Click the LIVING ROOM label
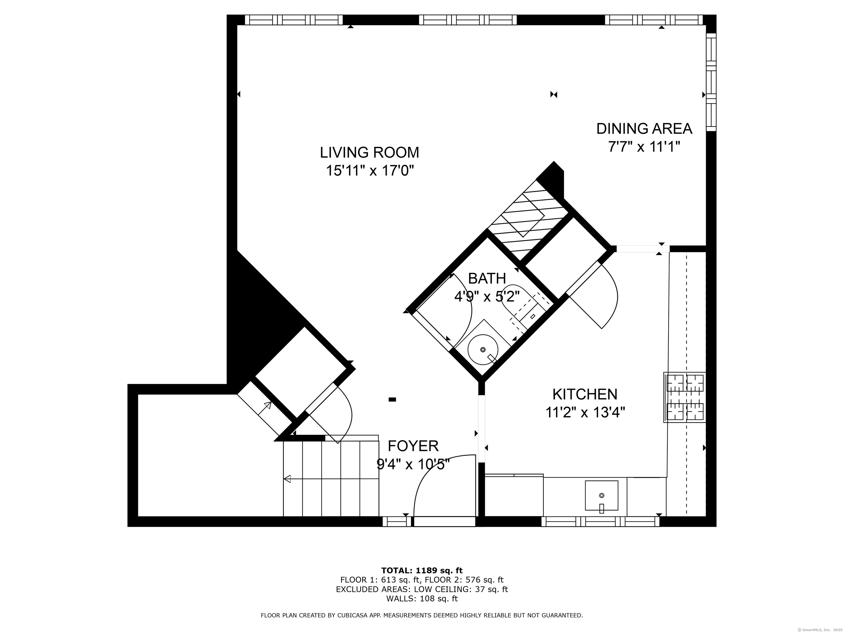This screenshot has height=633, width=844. point(369,153)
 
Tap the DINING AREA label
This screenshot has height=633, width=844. point(644,129)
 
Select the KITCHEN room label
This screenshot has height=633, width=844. point(585,394)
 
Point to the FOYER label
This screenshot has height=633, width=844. point(413,446)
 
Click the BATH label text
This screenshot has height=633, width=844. point(487,279)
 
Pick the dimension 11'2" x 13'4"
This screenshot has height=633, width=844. point(585,412)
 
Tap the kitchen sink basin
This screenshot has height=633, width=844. point(601,495)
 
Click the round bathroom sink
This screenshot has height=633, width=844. point(483,349)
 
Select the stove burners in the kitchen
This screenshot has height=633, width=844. point(685,397)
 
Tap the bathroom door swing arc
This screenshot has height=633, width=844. point(463,305)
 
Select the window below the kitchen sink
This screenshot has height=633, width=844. point(601,521)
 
